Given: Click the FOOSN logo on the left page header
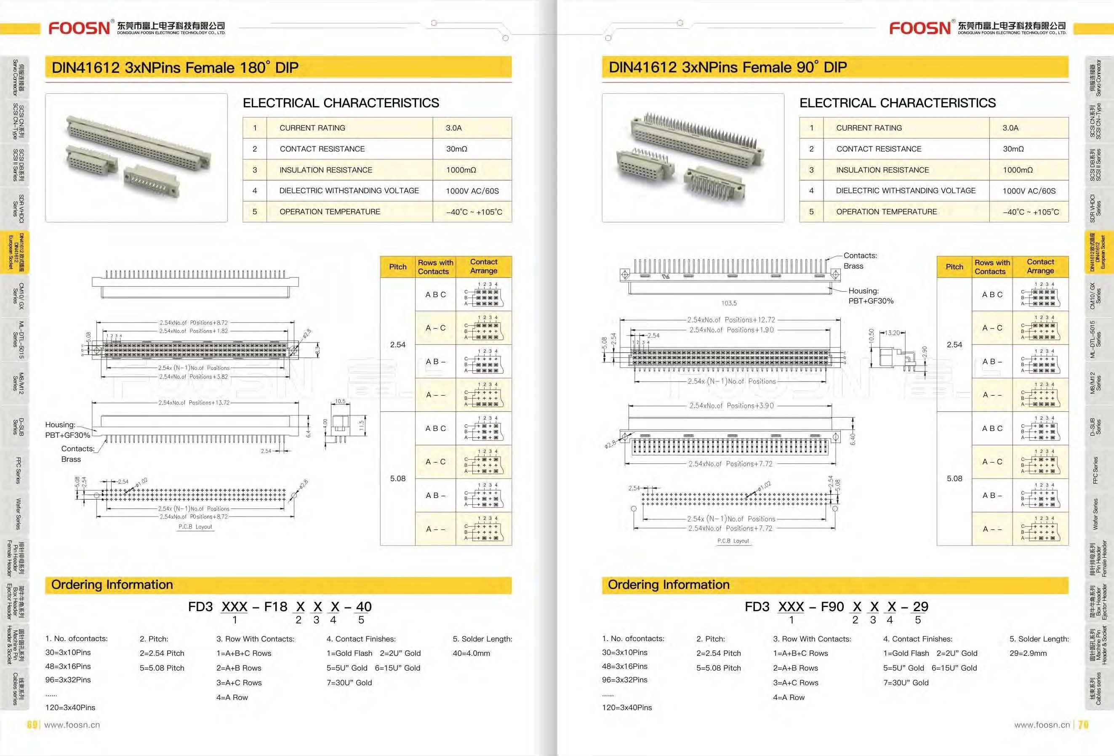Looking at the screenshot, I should pos(80,28).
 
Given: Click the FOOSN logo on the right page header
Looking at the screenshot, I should pos(920,28).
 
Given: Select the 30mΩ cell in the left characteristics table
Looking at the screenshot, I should pos(456,149).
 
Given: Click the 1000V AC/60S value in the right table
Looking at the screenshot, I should pos(1029,191).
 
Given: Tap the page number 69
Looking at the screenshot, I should pos(32,725).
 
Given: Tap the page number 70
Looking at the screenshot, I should pos(1083,725).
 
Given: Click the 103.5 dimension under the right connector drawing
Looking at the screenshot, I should pos(729,303).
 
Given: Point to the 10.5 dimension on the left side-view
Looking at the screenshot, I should pos(340,401).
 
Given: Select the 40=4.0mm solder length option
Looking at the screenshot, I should pos(471,653).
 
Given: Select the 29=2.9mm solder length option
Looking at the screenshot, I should pos(1028,653).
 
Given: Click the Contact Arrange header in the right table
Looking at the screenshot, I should pos(1040,266).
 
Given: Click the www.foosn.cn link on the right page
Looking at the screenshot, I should pos(1042,725).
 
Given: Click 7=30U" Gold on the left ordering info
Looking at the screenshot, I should pos(349,683).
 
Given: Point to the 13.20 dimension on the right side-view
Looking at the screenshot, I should pos(892,333).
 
